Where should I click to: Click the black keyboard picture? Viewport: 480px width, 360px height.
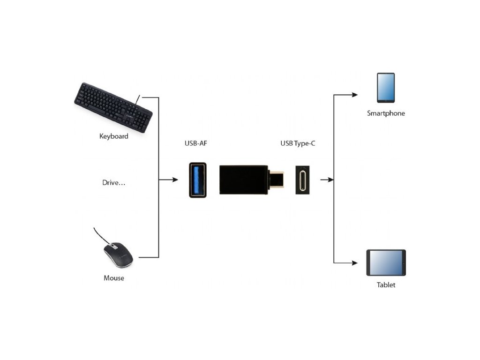(113, 107)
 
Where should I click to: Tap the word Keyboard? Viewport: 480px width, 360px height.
(113, 136)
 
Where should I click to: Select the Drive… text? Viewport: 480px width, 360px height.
(114, 182)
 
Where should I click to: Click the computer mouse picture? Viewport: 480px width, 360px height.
(118, 254)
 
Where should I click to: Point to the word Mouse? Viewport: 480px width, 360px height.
(114, 278)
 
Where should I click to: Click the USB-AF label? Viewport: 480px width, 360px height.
(195, 143)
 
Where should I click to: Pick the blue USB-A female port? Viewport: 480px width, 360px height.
(197, 180)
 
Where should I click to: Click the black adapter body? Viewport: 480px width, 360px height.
(244, 180)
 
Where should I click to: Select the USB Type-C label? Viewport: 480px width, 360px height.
(298, 143)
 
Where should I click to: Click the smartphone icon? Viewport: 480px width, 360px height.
(386, 88)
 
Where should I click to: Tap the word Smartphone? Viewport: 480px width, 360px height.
(386, 113)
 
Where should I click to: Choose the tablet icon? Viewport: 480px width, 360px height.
(386, 262)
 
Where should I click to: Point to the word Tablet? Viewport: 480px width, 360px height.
(386, 285)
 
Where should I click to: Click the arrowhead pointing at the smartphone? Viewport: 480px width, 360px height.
(355, 95)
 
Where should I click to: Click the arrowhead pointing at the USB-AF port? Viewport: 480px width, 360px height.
(176, 180)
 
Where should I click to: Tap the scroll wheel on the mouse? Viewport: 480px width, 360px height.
(113, 246)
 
